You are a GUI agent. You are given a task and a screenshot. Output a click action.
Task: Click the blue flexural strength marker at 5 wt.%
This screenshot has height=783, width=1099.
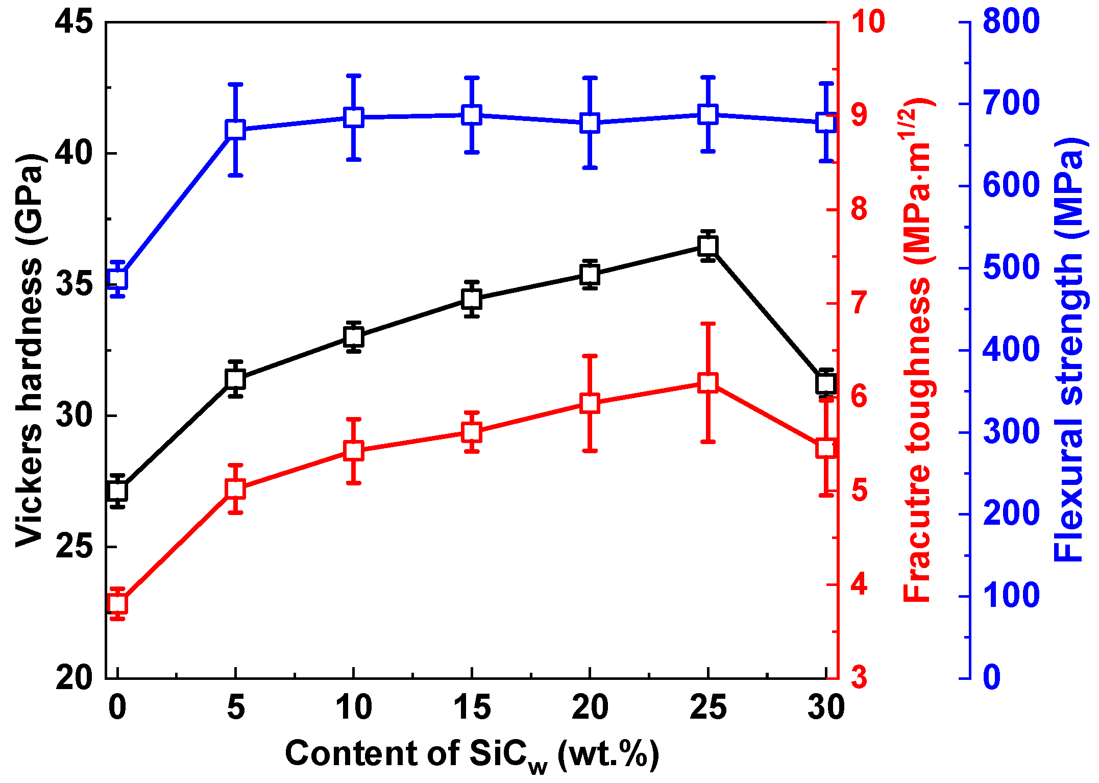pos(235,130)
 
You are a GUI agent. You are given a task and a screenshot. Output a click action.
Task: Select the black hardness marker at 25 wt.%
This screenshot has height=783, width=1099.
pos(707,246)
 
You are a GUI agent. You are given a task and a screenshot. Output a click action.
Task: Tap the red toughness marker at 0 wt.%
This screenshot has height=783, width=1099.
pos(118,604)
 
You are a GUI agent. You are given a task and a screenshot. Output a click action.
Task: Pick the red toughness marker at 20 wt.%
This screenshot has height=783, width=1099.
pos(590,403)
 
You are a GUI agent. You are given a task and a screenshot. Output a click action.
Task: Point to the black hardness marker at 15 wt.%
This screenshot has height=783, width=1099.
pos(472,299)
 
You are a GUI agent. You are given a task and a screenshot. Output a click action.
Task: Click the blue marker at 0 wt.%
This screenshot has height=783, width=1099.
pos(118,279)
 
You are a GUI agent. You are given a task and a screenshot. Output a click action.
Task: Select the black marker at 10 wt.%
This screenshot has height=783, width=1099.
pos(353,337)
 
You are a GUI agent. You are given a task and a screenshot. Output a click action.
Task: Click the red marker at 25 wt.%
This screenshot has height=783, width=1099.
pos(707,382)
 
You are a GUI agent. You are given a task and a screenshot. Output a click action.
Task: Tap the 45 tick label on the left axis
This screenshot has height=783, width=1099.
pos(75,22)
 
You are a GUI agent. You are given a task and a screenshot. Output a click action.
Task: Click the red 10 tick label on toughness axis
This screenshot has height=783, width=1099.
pos(868,22)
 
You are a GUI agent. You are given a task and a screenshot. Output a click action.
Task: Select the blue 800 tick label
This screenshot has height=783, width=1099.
pos(1011,22)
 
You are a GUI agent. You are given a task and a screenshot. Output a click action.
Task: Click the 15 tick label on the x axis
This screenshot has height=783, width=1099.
pos(472,708)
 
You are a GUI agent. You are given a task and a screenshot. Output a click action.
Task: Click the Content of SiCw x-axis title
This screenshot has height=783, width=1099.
pos(472,754)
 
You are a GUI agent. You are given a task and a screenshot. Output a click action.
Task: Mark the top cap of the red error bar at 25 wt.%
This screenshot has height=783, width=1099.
pos(707,324)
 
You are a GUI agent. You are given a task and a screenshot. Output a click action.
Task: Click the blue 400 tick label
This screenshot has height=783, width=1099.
pos(1011,350)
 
